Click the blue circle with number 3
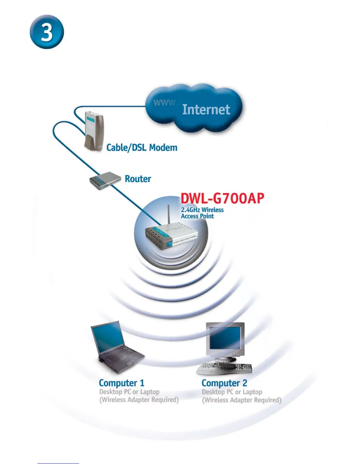47,32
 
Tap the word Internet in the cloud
206,109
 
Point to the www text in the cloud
164,103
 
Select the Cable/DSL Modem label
142,147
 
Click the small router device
105,180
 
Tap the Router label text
138,179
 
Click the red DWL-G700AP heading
222,199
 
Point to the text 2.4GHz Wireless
202,210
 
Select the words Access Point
197,216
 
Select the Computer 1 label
121,383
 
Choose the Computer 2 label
224,383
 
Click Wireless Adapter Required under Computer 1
139,400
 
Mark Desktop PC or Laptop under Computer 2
232,392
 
